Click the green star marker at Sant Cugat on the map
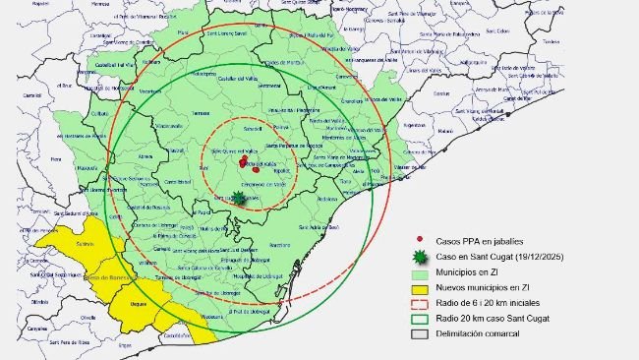[239, 197]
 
